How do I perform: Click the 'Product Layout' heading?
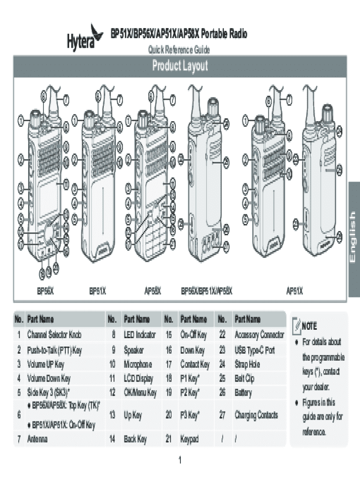click(x=180, y=66)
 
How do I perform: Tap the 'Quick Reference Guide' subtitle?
click(x=179, y=50)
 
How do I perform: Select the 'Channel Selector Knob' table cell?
click(x=54, y=335)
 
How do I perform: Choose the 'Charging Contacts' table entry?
click(x=257, y=414)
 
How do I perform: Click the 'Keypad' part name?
click(x=190, y=439)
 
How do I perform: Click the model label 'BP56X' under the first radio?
click(x=45, y=291)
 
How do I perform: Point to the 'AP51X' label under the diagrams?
click(x=295, y=291)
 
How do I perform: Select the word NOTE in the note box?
click(x=310, y=326)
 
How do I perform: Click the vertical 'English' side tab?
click(x=354, y=239)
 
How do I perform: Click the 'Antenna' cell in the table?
click(x=37, y=439)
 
